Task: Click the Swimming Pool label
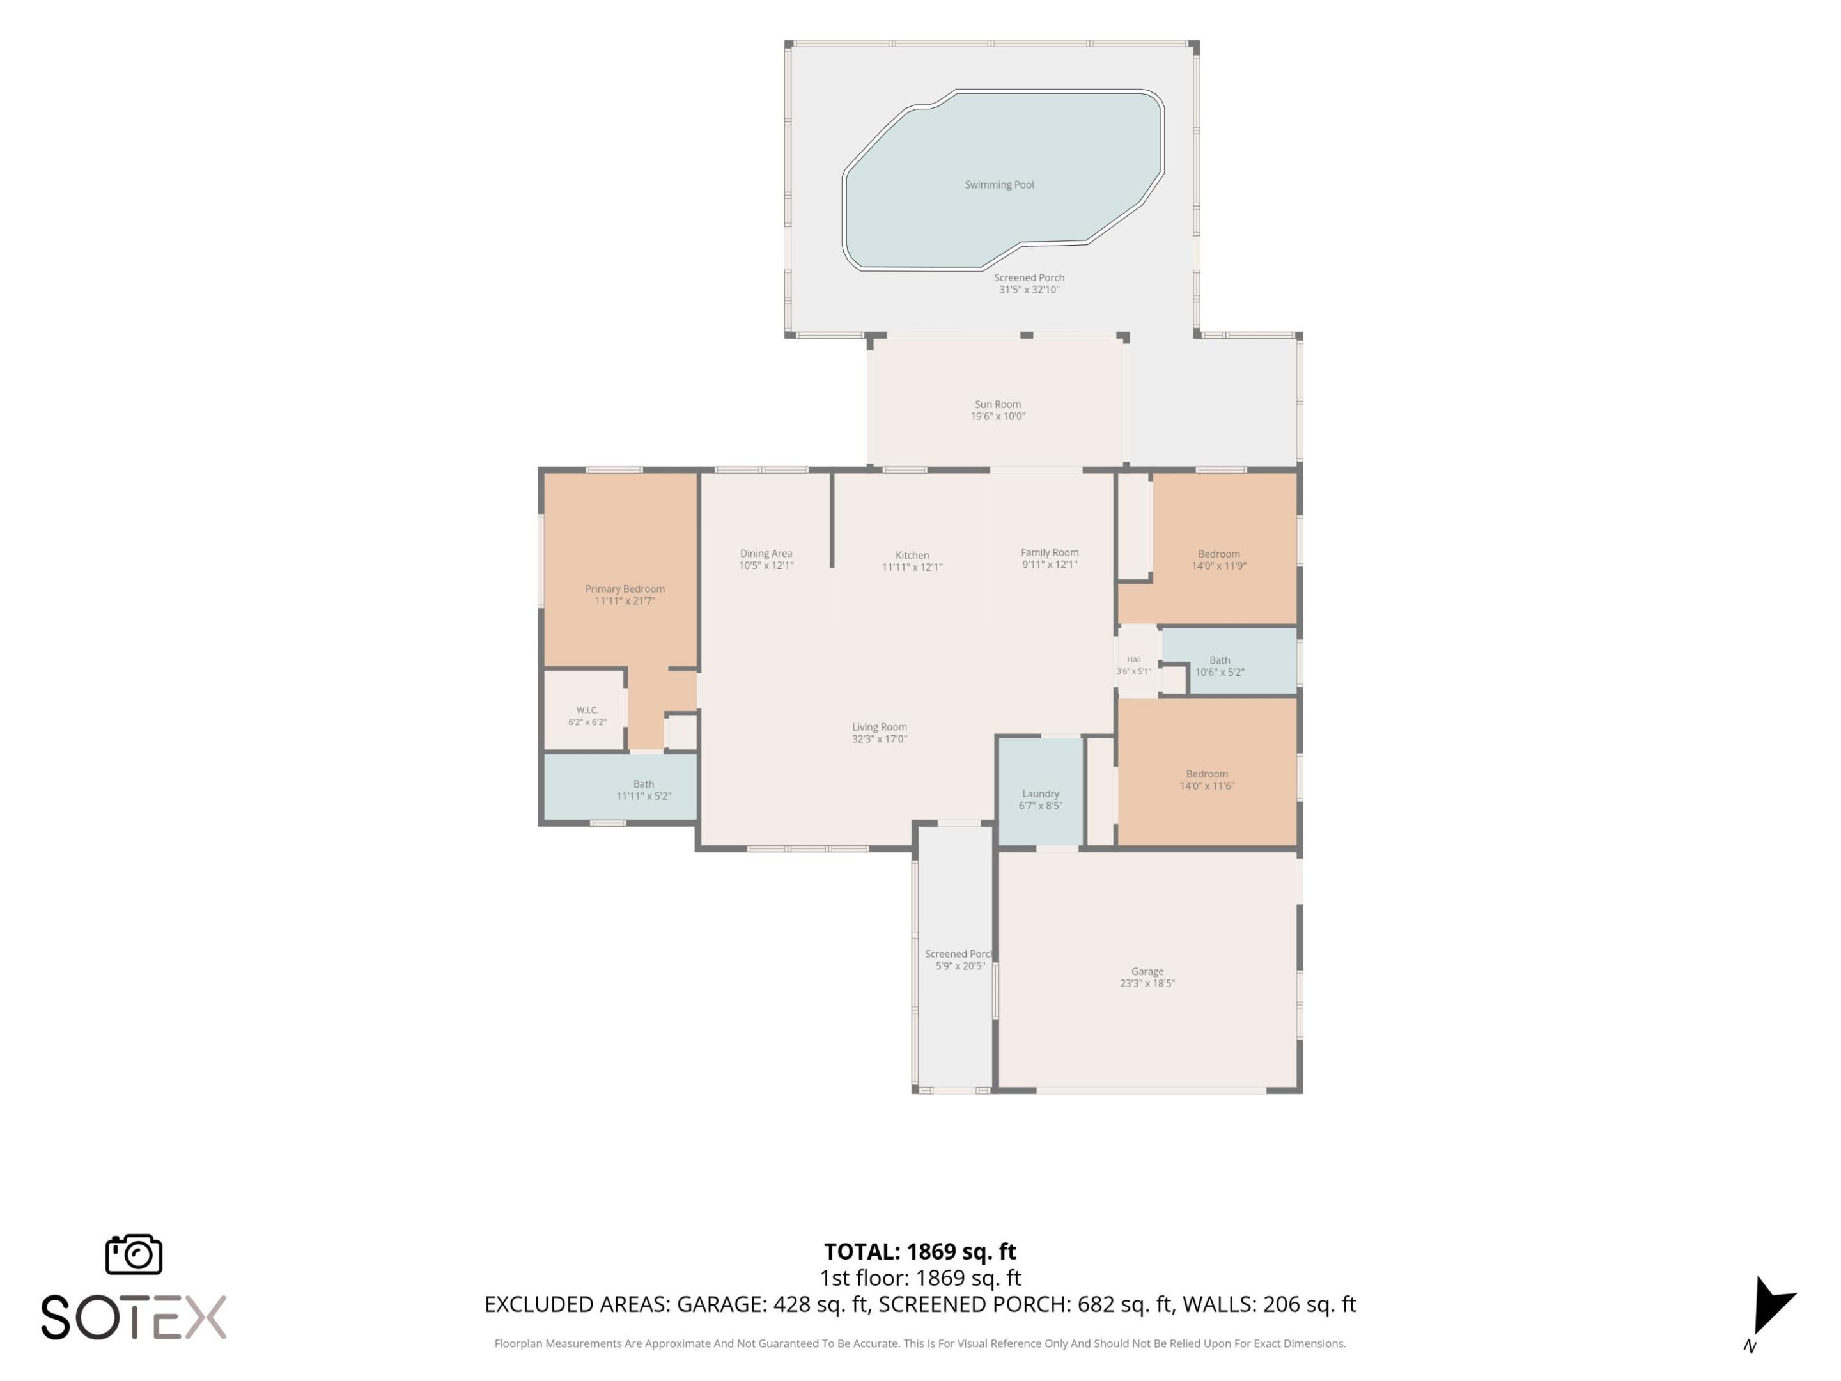pos(998,185)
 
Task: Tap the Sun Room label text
pos(998,405)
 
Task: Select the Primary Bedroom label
pos(625,589)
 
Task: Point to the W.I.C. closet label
pos(587,710)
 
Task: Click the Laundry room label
pos(1040,794)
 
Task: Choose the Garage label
pos(1147,971)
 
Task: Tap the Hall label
pos(1133,659)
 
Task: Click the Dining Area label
pos(766,554)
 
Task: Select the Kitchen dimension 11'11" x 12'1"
pos(912,568)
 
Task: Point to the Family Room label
pos(1050,553)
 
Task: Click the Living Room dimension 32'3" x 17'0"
pos(879,739)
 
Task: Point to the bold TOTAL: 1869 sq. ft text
pos(920,1252)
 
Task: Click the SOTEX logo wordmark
pos(133,1318)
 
